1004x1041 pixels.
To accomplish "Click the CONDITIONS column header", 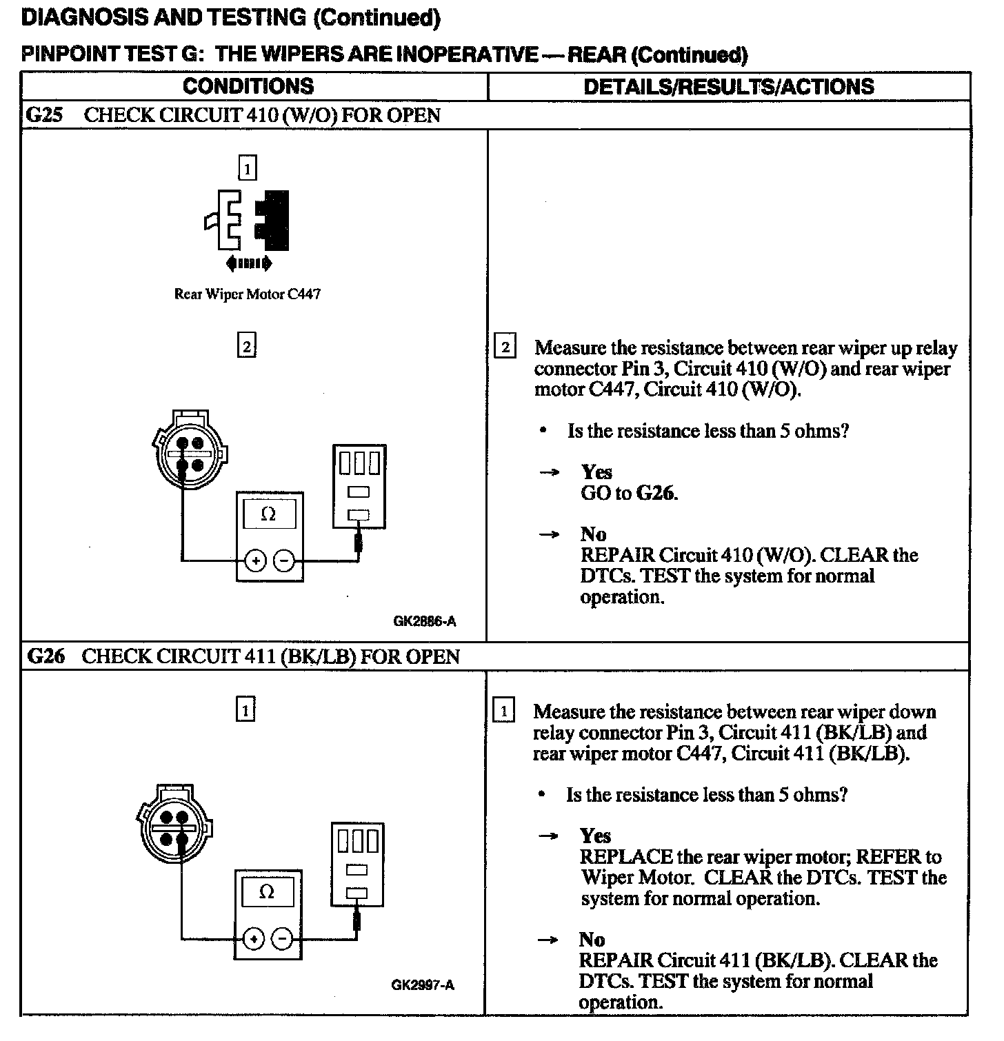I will pos(248,86).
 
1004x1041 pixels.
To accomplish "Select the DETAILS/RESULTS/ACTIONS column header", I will pos(728,86).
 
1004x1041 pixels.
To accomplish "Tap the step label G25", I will pos(44,115).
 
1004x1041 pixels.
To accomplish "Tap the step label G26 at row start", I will pos(46,656).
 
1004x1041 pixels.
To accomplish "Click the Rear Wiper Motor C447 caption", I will pos(247,294).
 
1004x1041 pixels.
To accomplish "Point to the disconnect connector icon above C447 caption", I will pos(247,221).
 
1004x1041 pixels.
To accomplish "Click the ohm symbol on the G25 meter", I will pos(269,514).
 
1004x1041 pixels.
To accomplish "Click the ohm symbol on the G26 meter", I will pos(266,892).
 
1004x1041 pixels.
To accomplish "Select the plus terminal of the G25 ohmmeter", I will pos(255,560).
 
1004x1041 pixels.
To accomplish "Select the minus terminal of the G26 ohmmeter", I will pos(283,938).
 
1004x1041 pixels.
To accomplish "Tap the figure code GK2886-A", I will pos(424,621).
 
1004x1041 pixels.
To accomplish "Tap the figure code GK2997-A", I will pos(423,985).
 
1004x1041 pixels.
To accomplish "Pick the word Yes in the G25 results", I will pos(596,472).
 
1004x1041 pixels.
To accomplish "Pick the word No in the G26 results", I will pos(592,939).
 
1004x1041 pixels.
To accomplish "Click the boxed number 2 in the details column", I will pos(505,347).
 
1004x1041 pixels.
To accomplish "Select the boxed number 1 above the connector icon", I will pos(247,168).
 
